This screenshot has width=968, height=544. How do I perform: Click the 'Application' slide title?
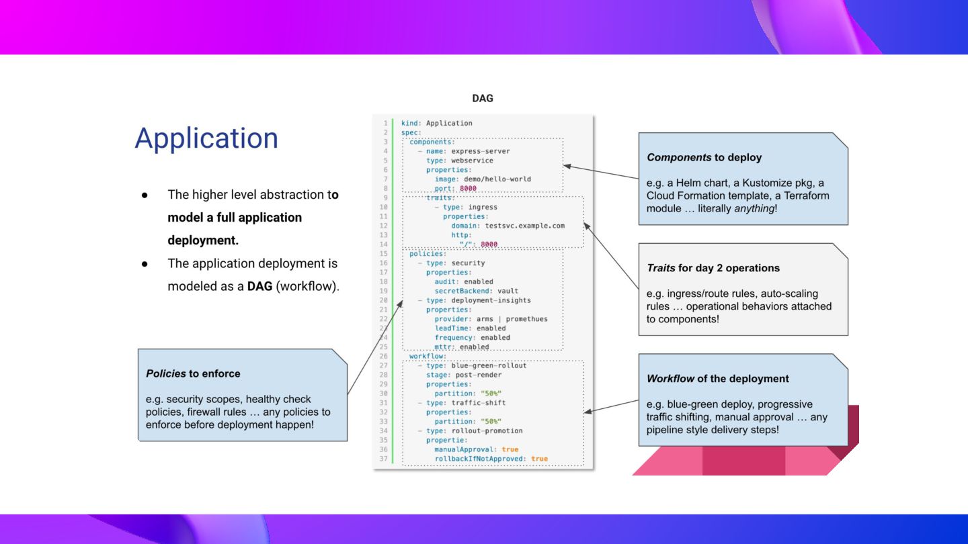coord(206,138)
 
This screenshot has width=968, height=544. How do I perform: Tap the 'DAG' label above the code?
coord(483,99)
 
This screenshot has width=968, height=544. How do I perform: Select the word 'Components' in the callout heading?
coord(679,158)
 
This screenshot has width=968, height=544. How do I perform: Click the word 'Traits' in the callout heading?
coord(661,268)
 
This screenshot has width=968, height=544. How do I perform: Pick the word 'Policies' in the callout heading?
coord(166,373)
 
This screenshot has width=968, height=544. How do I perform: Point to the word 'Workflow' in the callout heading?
coord(670,379)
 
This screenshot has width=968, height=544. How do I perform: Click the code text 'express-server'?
coord(481,151)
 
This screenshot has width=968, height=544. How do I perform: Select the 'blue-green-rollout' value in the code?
coord(489,365)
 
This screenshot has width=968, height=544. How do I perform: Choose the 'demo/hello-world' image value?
coord(497,179)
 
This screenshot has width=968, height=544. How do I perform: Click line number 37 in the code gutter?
coord(383,459)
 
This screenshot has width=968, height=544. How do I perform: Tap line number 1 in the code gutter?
coord(385,123)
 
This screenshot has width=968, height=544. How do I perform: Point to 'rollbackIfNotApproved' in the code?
coord(479,459)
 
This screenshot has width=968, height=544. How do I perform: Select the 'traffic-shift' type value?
coord(479,403)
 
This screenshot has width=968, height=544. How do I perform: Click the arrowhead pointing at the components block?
coord(567,166)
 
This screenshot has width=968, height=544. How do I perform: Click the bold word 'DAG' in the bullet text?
coord(259,287)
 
